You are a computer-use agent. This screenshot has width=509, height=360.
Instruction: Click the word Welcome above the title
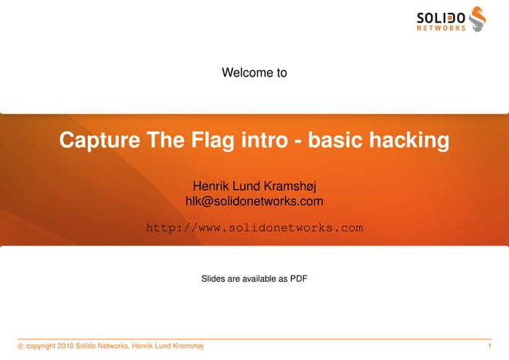click(240, 73)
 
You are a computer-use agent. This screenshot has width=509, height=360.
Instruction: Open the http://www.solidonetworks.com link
click(254, 228)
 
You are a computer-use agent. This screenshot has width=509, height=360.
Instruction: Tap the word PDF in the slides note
click(298, 279)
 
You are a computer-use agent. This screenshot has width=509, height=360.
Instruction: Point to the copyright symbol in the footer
click(20, 346)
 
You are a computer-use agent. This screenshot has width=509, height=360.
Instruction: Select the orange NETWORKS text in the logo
click(441, 29)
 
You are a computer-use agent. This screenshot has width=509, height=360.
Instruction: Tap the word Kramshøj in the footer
click(185, 346)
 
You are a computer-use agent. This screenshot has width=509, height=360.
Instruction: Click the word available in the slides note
click(263, 279)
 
